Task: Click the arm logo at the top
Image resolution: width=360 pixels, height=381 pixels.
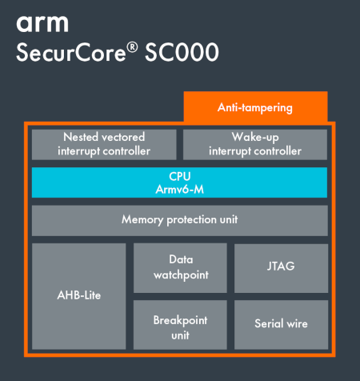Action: click(42, 24)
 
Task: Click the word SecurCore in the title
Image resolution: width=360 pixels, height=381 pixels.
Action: click(71, 52)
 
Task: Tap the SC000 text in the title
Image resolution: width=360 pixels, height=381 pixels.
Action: click(182, 52)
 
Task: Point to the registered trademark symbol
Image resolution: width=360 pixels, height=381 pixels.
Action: click(132, 47)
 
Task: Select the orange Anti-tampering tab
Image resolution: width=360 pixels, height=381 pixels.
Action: click(255, 106)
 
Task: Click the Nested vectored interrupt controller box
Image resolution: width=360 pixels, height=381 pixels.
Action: click(104, 145)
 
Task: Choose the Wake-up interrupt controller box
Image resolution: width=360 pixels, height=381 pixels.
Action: click(255, 145)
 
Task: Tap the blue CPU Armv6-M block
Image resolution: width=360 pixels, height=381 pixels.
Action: click(179, 182)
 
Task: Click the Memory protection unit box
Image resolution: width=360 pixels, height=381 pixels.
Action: click(180, 220)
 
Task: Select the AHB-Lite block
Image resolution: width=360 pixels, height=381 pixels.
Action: click(79, 296)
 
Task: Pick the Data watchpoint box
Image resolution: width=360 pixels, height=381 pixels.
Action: click(180, 268)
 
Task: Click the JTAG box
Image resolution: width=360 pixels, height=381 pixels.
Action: click(281, 268)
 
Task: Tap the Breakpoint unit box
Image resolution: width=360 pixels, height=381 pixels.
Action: click(180, 325)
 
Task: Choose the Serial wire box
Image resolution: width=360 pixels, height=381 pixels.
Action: click(281, 325)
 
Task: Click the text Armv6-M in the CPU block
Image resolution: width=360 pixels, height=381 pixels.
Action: click(180, 190)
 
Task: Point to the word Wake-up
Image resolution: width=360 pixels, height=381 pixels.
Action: click(255, 138)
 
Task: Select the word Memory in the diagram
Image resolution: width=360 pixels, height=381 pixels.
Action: click(142, 220)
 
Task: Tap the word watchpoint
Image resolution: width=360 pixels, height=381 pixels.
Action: click(181, 275)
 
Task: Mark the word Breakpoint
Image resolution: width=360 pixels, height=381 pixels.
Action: click(180, 321)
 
